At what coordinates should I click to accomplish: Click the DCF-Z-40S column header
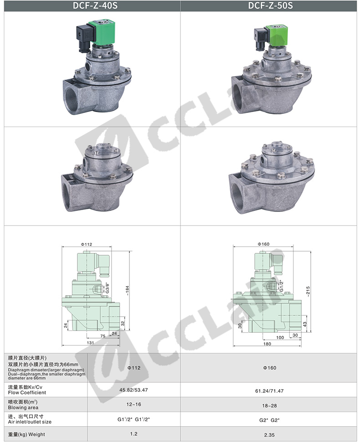(95, 6)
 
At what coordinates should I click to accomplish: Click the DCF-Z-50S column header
(270, 6)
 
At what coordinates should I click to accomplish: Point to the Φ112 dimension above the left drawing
(86, 244)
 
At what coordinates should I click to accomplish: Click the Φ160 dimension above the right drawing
(263, 244)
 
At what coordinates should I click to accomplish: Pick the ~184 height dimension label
(128, 291)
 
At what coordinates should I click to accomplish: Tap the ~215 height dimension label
(308, 292)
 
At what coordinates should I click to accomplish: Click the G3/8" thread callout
(107, 288)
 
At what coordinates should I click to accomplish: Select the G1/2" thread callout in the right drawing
(281, 286)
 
